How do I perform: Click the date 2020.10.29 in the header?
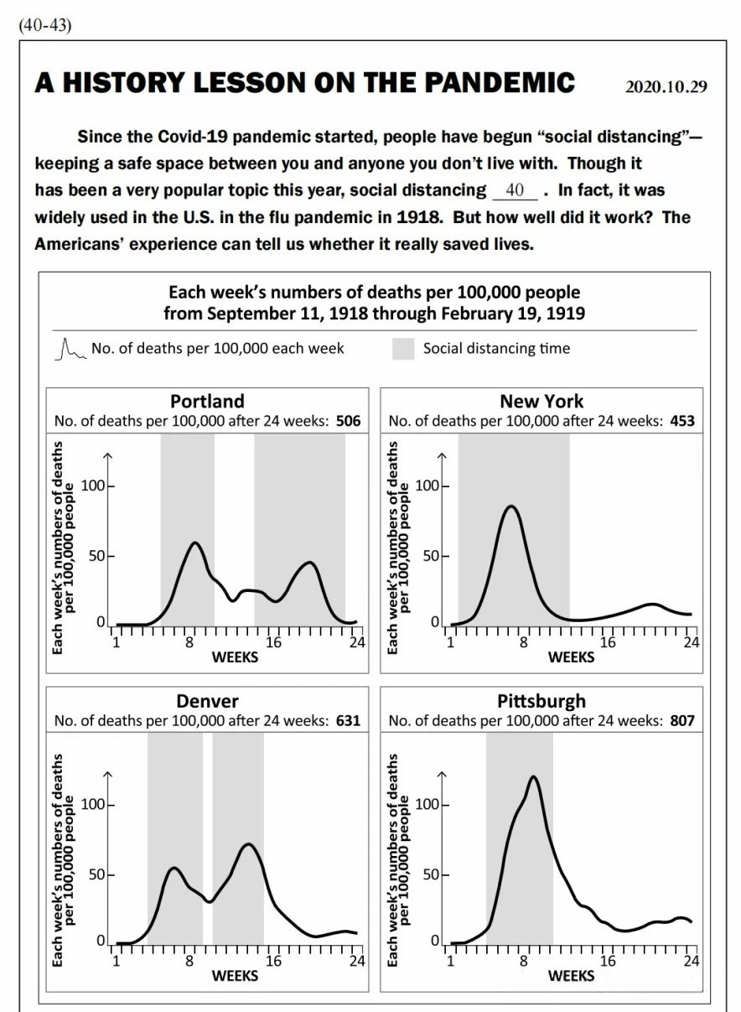(x=666, y=86)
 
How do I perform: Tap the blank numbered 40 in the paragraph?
(x=515, y=190)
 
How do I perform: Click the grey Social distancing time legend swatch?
(x=403, y=349)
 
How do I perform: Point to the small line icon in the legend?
(x=70, y=350)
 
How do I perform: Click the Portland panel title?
(x=207, y=401)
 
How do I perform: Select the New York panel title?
(x=541, y=401)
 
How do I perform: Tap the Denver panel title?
(x=207, y=701)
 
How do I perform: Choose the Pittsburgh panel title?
(x=541, y=701)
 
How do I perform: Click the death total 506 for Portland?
(x=348, y=421)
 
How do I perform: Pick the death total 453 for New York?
(x=681, y=421)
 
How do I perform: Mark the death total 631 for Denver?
(x=348, y=720)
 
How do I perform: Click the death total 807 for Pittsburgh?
(x=681, y=720)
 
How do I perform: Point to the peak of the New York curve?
(x=511, y=506)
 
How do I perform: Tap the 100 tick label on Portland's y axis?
(x=92, y=486)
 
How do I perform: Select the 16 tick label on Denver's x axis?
(x=273, y=960)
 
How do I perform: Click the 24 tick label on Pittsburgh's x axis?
(x=691, y=960)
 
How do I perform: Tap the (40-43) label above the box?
(x=45, y=25)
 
